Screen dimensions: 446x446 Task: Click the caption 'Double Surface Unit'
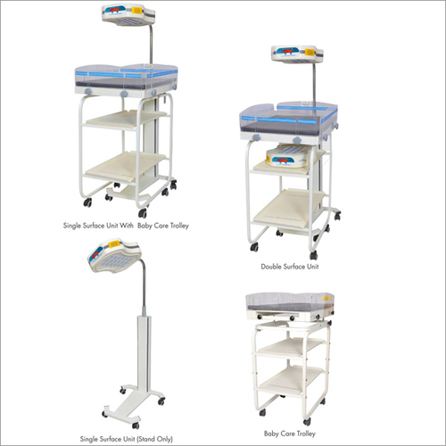(290, 267)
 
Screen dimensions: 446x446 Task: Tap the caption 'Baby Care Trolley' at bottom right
(290, 434)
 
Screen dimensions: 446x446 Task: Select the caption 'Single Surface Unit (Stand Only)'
(127, 439)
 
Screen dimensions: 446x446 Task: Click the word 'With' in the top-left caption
(127, 226)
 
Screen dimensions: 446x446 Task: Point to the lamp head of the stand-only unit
(113, 255)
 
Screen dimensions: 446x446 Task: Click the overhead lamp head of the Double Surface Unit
(297, 54)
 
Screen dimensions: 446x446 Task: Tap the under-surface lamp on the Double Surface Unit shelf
(288, 155)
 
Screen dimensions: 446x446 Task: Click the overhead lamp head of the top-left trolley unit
(128, 15)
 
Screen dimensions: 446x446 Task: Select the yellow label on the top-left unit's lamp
(136, 11)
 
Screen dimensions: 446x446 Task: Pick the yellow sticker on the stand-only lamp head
(114, 244)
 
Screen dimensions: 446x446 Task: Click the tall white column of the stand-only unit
(145, 351)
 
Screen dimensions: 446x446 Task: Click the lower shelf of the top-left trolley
(125, 168)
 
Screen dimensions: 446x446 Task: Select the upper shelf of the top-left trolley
(126, 119)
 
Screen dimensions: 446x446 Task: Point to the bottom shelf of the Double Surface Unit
(289, 208)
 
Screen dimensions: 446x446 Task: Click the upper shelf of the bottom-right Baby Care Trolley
(290, 347)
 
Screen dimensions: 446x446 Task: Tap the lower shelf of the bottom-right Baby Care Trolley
(290, 378)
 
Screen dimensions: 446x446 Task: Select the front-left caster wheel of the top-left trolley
(87, 202)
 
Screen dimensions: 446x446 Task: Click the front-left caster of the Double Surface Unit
(254, 247)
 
